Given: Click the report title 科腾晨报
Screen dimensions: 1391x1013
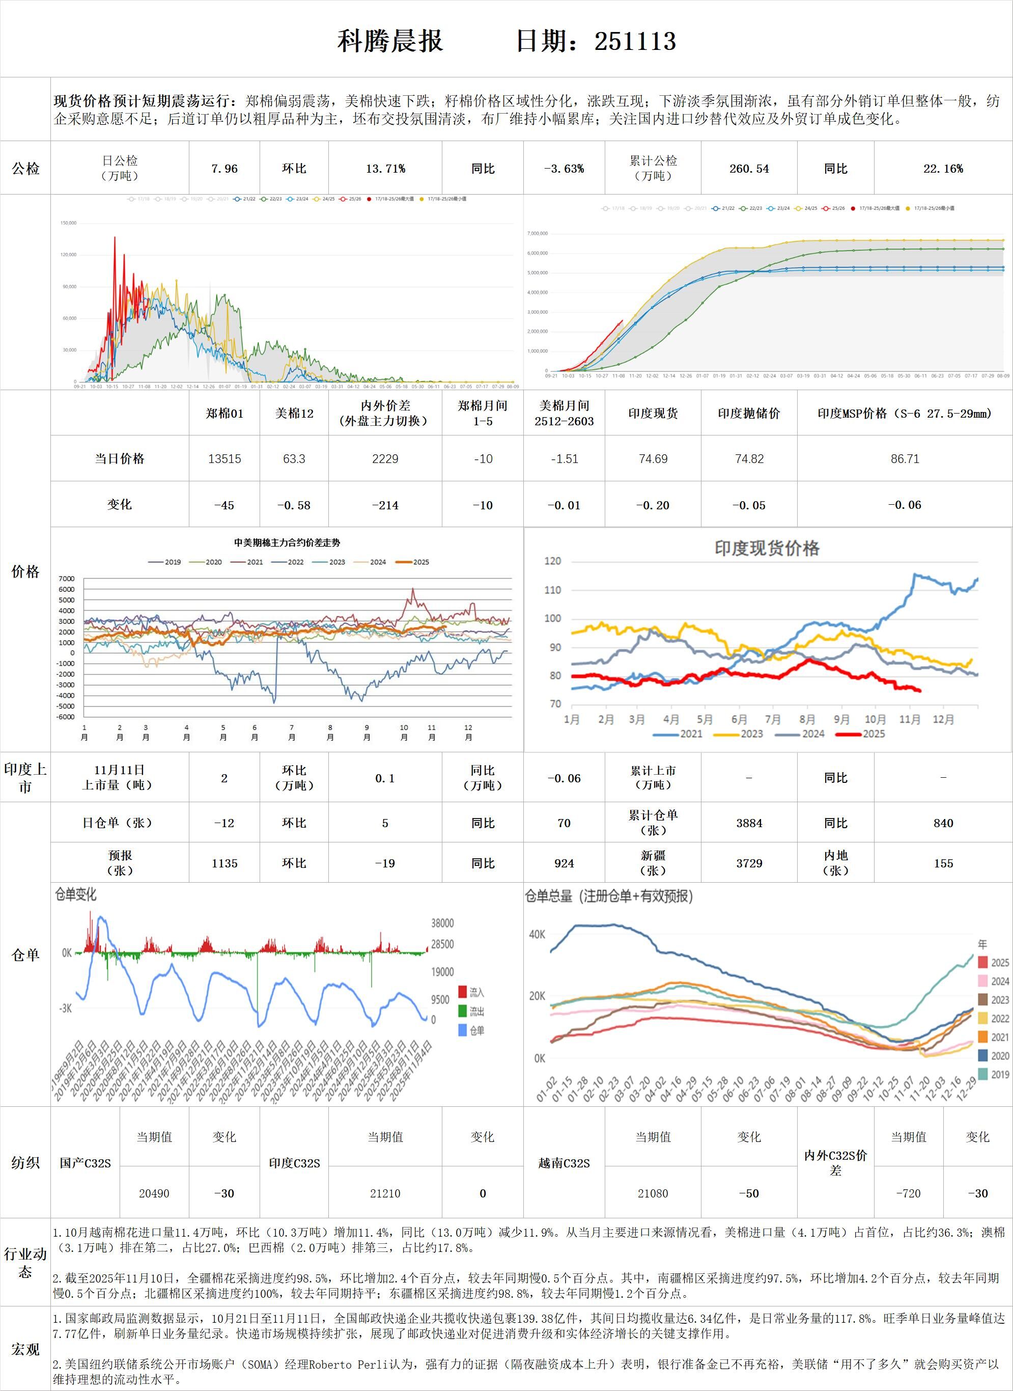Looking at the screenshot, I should pos(390,41).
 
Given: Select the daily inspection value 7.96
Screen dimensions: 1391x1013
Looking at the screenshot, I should pos(224,169).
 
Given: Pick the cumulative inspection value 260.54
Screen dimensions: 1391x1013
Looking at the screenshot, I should pos(749,169).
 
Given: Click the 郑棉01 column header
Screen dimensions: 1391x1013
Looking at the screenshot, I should pos(224,414).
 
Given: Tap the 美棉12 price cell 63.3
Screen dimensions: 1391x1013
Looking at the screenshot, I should pos(294,459).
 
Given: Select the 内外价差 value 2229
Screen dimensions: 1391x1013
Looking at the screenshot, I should pos(385,459).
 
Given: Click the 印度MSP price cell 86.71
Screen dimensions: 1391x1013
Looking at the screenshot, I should pos(905,459).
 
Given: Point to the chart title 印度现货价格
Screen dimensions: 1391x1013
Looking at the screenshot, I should pos(767,548).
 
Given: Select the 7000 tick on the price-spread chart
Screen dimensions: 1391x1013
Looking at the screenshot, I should pos(67,579).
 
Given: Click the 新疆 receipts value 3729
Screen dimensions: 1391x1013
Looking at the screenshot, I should pos(749,863).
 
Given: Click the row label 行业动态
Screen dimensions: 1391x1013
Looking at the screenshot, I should pos(25,1263).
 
